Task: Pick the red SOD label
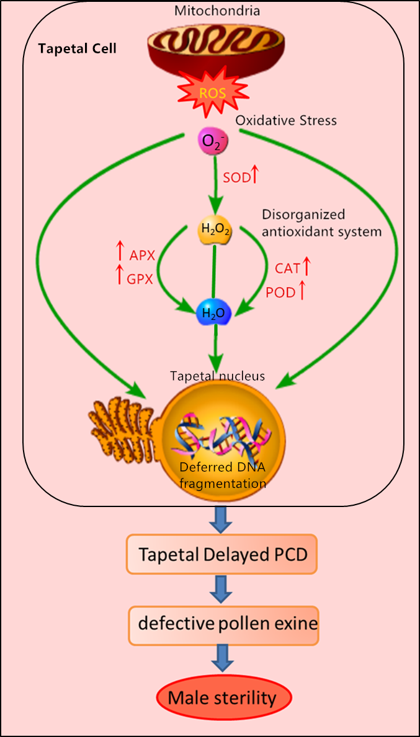[237, 177]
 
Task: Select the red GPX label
[141, 278]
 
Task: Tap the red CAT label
[287, 268]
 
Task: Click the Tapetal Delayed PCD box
[222, 554]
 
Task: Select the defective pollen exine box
[223, 624]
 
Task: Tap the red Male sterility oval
[222, 698]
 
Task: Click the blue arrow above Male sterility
[222, 658]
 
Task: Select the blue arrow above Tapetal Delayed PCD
[222, 518]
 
